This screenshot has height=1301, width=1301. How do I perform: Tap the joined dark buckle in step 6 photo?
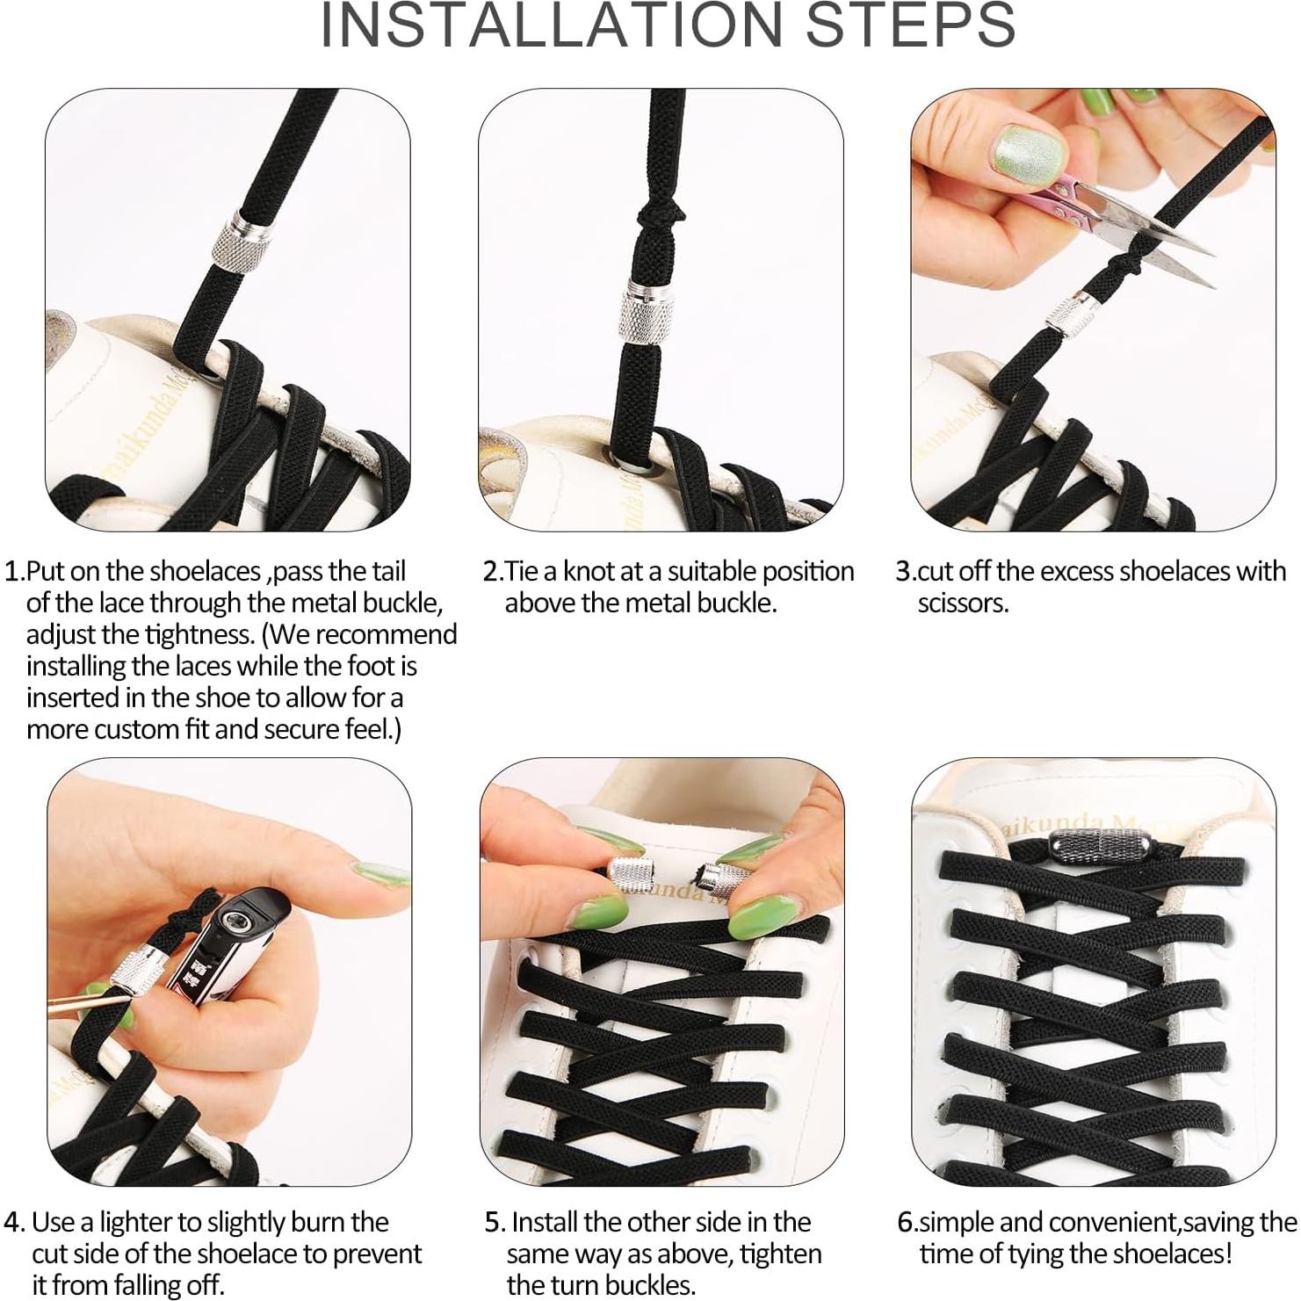(1088, 849)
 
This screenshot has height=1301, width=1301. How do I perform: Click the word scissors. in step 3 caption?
(963, 604)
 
